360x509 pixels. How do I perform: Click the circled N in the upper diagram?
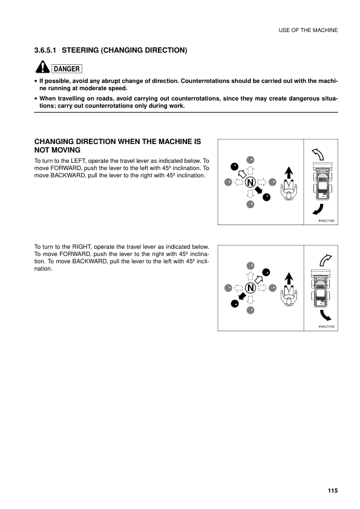tap(249, 181)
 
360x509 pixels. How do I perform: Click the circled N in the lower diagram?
tap(249, 287)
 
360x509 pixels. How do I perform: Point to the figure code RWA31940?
tap(327, 221)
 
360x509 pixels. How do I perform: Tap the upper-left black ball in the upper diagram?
tap(234, 166)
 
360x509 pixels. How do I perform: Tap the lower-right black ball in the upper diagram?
tap(266, 196)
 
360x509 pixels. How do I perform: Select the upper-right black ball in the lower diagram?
tap(266, 272)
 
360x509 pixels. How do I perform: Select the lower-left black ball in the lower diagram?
tap(234, 303)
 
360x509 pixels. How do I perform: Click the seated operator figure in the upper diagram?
tap(289, 191)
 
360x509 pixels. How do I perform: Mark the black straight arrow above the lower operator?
tap(289, 277)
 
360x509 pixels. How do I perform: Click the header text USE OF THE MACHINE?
tap(307, 30)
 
